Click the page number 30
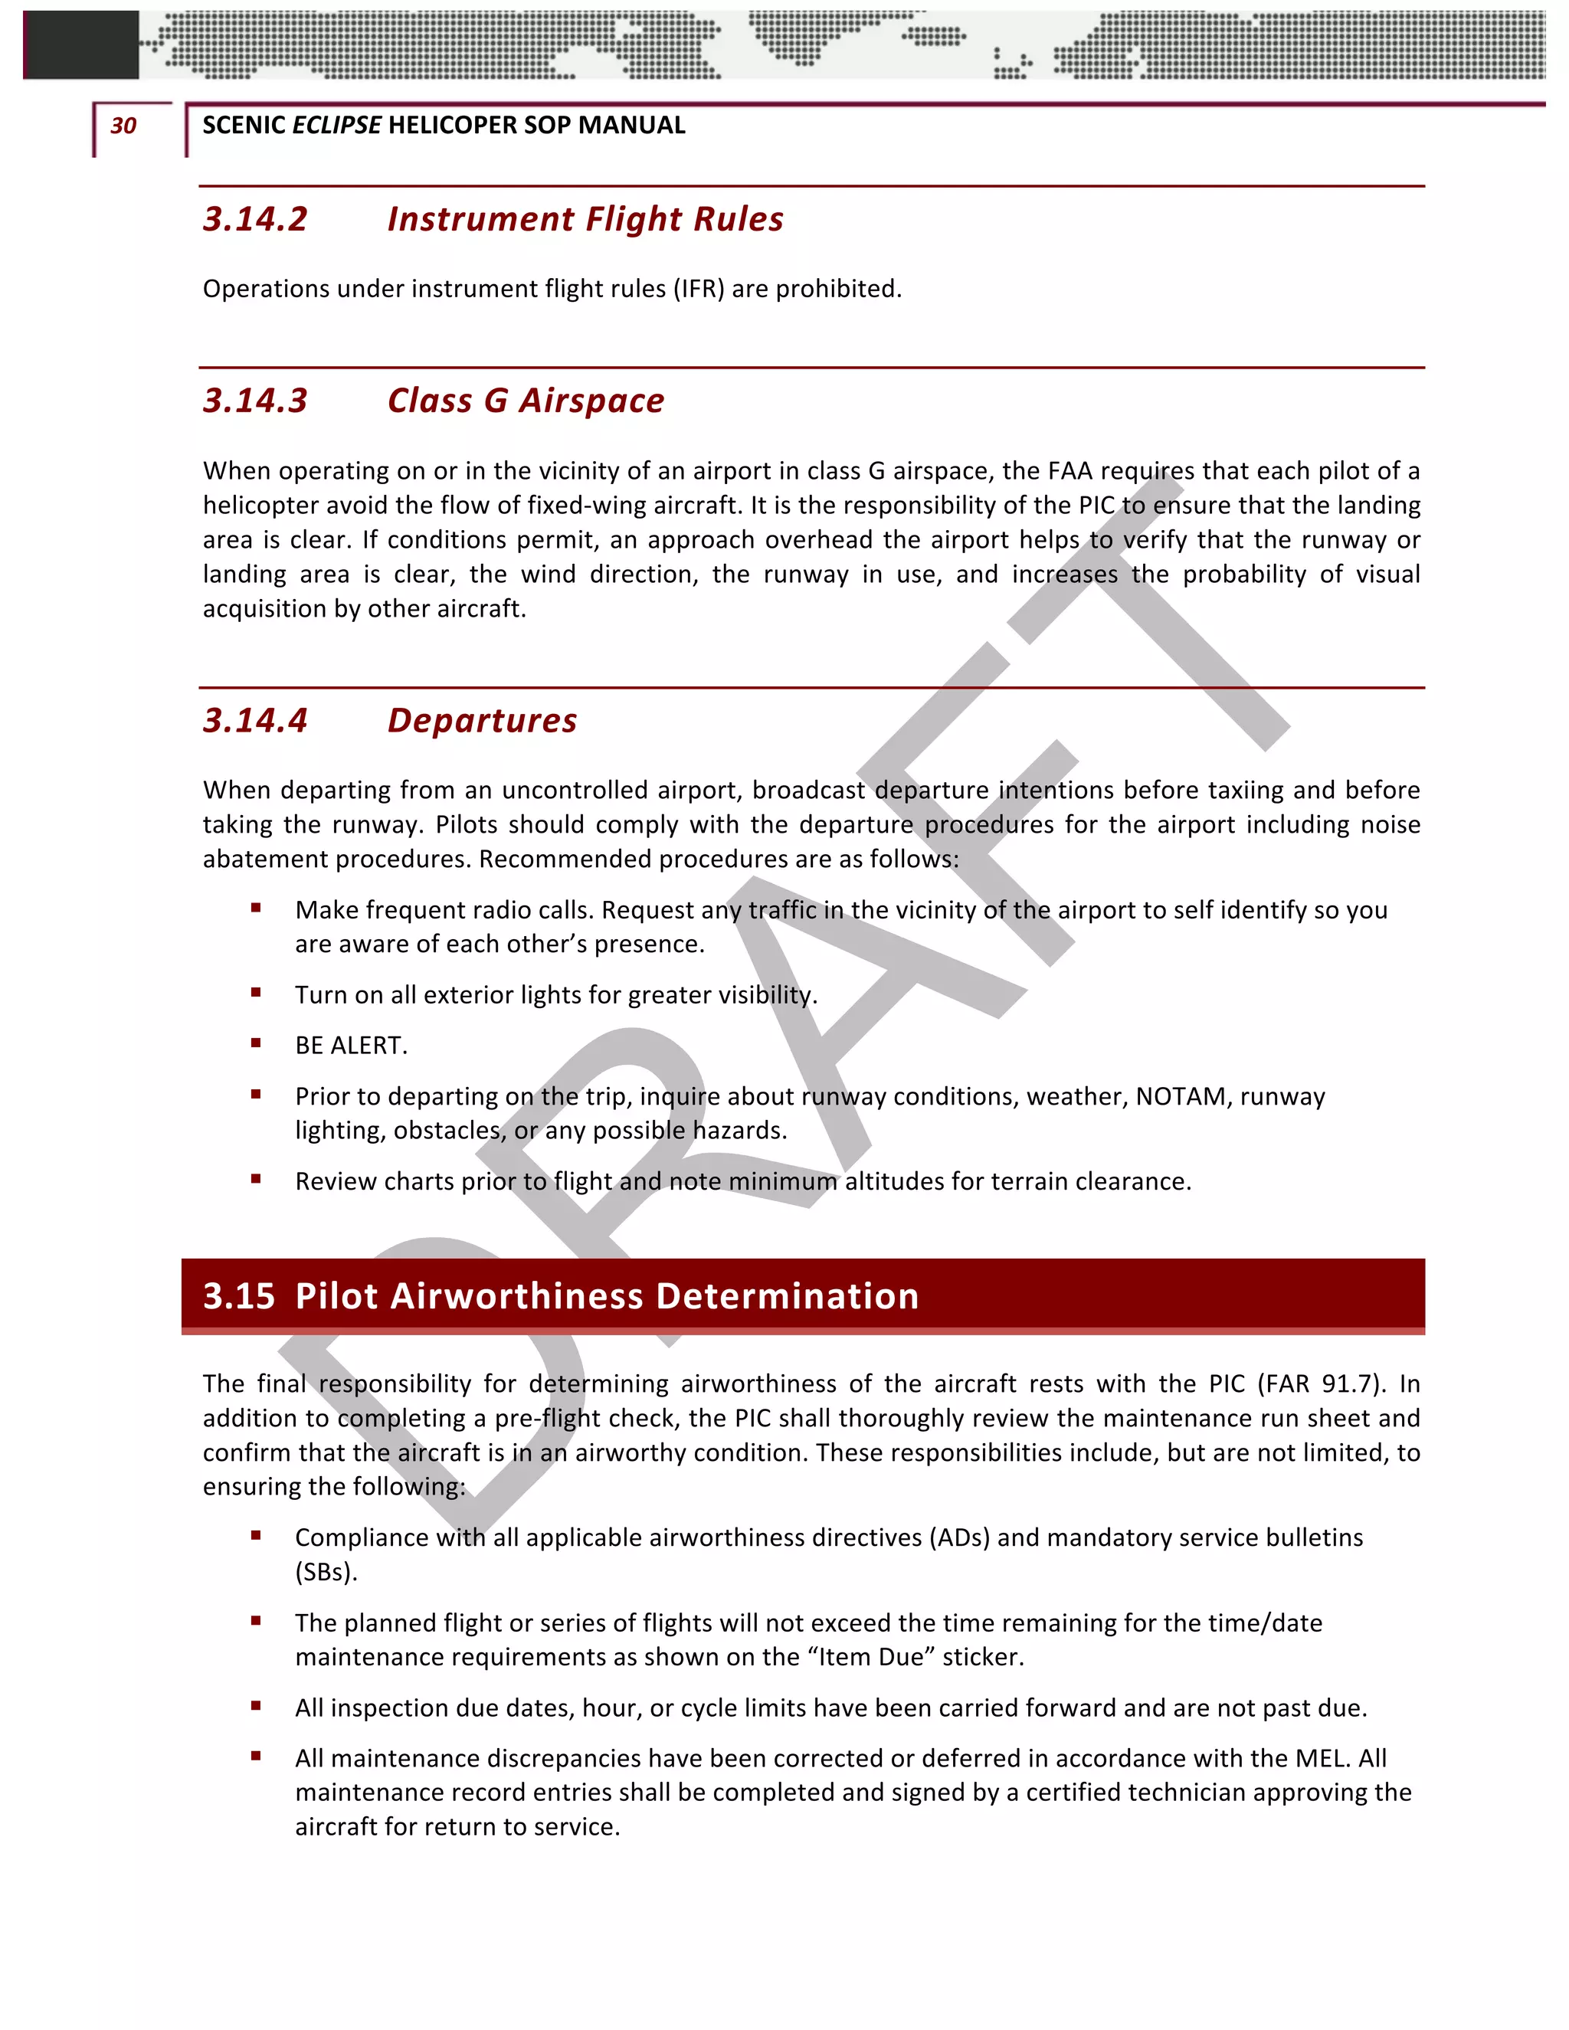[x=123, y=126]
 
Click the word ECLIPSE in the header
[x=336, y=126]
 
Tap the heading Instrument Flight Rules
[x=585, y=219]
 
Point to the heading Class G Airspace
[x=526, y=401]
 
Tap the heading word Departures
[x=483, y=720]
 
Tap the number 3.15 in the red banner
[x=239, y=1295]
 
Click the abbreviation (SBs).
[x=326, y=1572]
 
